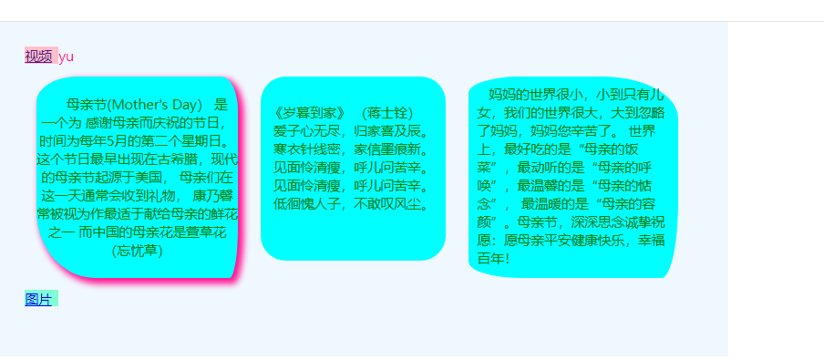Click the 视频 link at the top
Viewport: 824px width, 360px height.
coord(38,57)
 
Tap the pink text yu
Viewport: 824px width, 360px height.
coord(67,57)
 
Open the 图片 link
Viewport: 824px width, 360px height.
coord(38,299)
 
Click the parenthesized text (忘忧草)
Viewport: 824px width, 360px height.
coord(138,251)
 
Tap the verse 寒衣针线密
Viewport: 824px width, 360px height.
coord(307,149)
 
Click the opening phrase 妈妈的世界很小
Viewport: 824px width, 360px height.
coord(535,95)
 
